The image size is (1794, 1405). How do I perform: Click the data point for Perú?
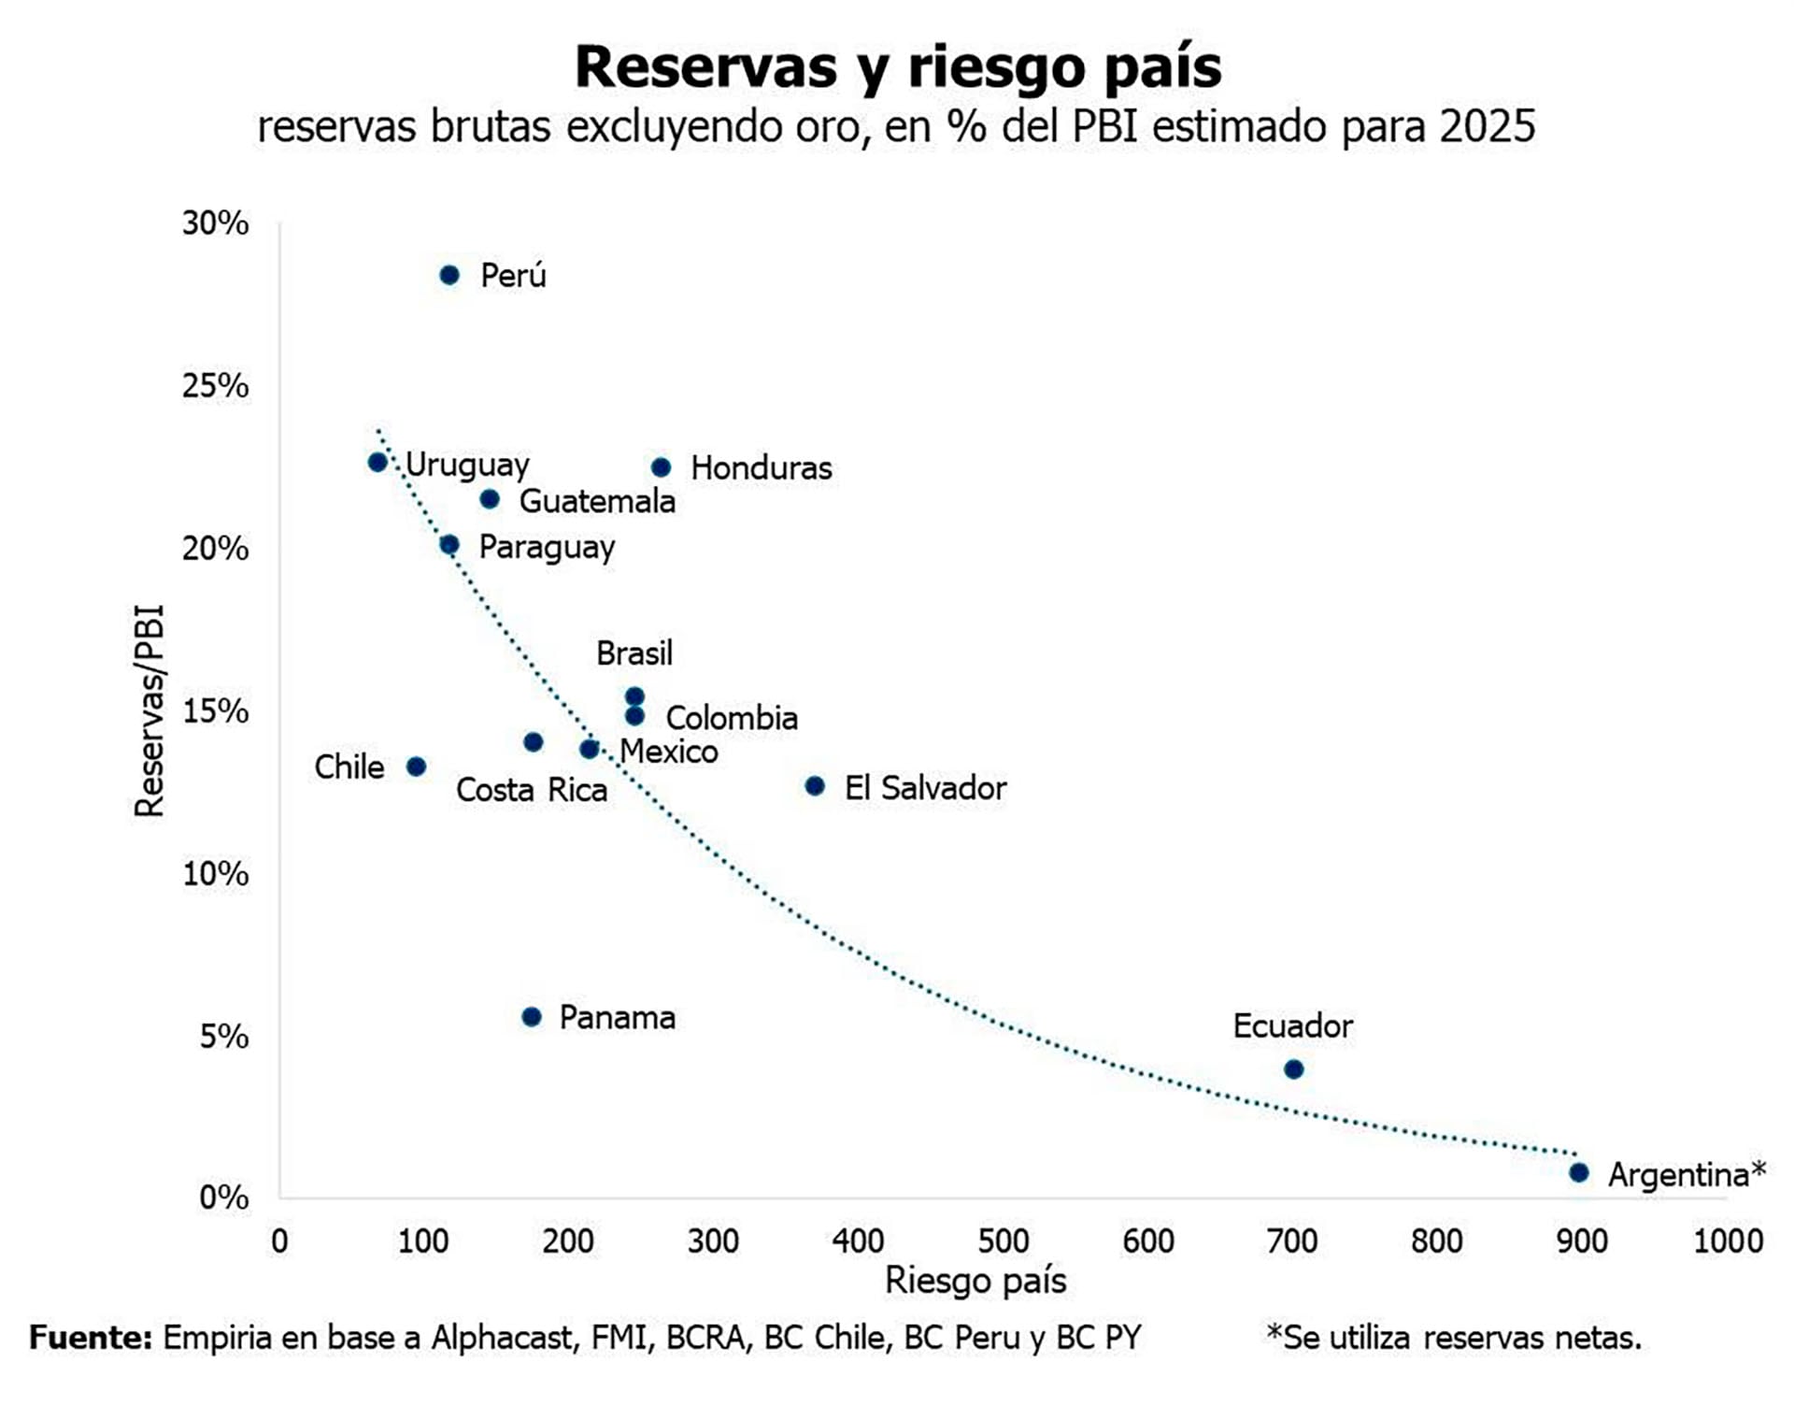(449, 275)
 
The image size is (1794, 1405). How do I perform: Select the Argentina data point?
(1579, 1172)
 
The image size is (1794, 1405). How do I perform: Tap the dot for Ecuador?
(1294, 1069)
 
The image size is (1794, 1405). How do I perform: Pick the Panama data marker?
(532, 1017)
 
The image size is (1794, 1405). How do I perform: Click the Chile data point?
(417, 767)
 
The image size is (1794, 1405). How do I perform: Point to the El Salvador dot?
(815, 786)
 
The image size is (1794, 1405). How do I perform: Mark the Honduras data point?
(661, 467)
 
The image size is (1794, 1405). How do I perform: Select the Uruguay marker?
(377, 462)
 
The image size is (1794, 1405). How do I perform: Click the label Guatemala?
(597, 502)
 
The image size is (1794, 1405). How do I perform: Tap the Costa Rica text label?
(532, 791)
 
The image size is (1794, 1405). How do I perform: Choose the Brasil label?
(634, 653)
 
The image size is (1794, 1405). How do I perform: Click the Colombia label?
(732, 719)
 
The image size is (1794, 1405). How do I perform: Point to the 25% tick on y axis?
(216, 385)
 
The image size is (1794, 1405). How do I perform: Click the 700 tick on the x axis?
(1292, 1241)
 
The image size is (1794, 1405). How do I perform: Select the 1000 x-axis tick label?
(1728, 1241)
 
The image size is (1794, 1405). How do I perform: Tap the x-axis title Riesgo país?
(975, 1281)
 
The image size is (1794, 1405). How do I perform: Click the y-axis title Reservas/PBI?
(149, 711)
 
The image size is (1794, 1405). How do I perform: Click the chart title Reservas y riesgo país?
(898, 67)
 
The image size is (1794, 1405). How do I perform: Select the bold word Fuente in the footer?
(91, 1338)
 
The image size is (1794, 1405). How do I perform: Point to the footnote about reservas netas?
(1453, 1338)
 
